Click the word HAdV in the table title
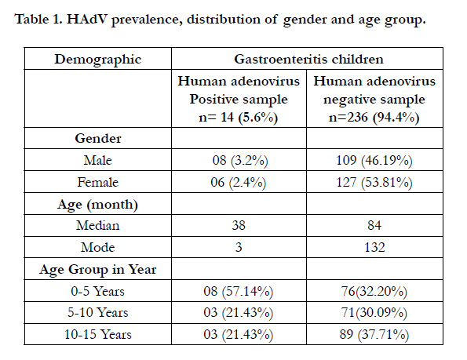[86, 20]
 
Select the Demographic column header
[97, 60]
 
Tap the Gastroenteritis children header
[308, 59]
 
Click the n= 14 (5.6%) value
[239, 117]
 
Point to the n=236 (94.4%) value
[374, 117]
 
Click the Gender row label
[97, 138]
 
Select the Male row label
[97, 160]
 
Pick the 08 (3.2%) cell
[240, 161]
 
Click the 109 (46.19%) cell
[374, 161]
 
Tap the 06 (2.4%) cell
[239, 183]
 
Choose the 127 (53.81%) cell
[374, 183]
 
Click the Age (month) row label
[97, 205]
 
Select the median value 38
[239, 225]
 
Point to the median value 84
[374, 225]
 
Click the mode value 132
[374, 247]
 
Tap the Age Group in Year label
[97, 270]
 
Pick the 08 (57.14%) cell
[239, 291]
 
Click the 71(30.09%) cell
[374, 313]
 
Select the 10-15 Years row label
[97, 334]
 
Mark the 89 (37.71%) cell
[374, 335]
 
